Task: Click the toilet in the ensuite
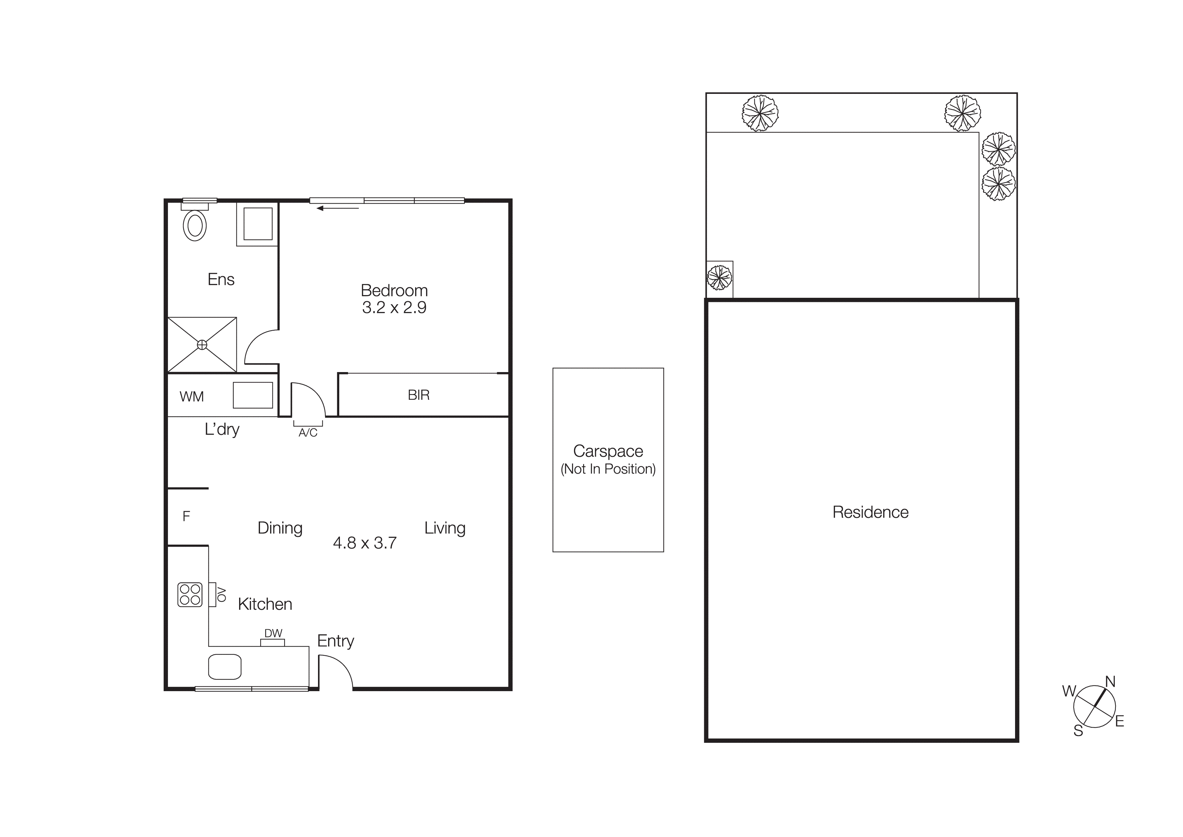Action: [x=195, y=225]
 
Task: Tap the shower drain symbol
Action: [x=202, y=344]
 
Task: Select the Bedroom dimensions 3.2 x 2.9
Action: [x=394, y=307]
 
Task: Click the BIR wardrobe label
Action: [x=419, y=395]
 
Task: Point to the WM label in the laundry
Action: [x=192, y=397]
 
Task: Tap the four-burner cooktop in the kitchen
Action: [x=190, y=595]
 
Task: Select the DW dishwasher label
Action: [x=273, y=633]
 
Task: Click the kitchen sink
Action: [x=225, y=667]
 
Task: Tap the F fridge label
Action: [x=186, y=516]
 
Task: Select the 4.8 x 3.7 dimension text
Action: [x=365, y=543]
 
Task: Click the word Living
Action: [x=445, y=528]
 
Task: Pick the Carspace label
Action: [x=608, y=451]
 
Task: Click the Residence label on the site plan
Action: [x=870, y=512]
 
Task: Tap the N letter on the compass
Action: [x=1110, y=682]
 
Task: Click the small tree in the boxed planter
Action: [x=719, y=278]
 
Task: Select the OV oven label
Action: [x=222, y=594]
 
